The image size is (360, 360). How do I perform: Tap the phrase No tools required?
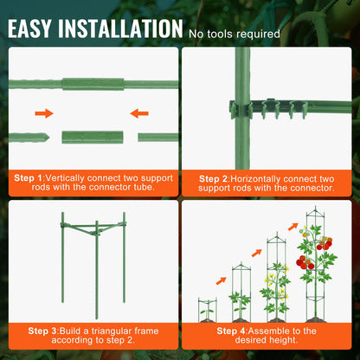coord(234,35)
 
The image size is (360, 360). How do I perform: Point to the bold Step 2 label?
coord(213,177)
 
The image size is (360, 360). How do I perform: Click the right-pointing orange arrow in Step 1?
coord(44,112)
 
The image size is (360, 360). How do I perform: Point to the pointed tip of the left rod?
coord(40,137)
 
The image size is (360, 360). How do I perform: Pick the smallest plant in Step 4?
coord(207,307)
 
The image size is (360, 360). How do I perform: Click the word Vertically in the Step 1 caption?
coord(78,177)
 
